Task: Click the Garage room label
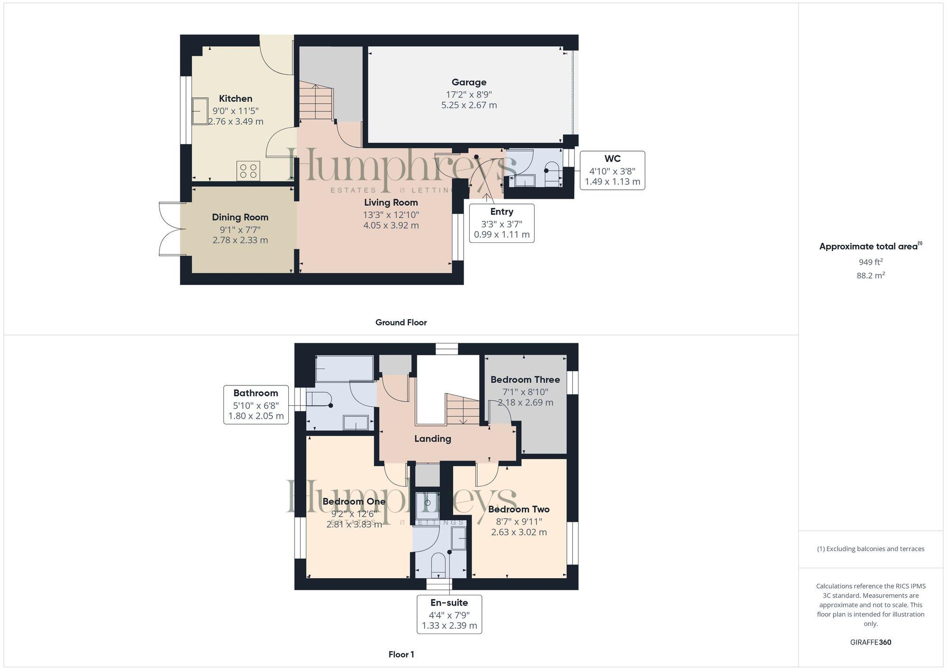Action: pyautogui.click(x=469, y=82)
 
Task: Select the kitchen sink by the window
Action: pyautogui.click(x=200, y=111)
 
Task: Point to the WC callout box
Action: pyautogui.click(x=612, y=170)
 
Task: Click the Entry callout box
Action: pyautogui.click(x=501, y=223)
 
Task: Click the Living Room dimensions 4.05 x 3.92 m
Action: pyautogui.click(x=391, y=225)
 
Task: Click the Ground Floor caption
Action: pyautogui.click(x=401, y=322)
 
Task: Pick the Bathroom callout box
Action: pyautogui.click(x=256, y=404)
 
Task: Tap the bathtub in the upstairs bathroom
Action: pyautogui.click(x=344, y=369)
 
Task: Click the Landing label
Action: pyautogui.click(x=432, y=438)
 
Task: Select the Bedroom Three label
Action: pyautogui.click(x=525, y=379)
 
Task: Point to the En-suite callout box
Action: pyautogui.click(x=449, y=614)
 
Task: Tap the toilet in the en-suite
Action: pyautogui.click(x=438, y=566)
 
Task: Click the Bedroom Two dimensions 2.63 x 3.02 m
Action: pyautogui.click(x=518, y=532)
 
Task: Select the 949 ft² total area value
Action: pyautogui.click(x=870, y=262)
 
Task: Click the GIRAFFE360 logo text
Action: pyautogui.click(x=870, y=642)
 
